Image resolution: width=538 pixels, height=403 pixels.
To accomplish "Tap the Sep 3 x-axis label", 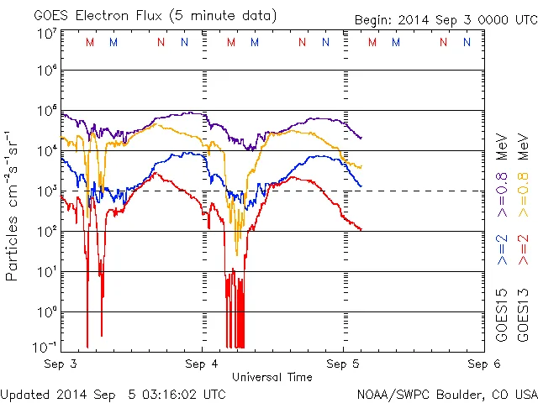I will [61, 364].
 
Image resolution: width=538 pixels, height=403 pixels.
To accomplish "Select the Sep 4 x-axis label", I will [202, 364].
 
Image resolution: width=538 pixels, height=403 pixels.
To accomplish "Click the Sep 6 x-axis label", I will [483, 364].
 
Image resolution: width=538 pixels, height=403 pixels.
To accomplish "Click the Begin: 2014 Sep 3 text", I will [445, 18].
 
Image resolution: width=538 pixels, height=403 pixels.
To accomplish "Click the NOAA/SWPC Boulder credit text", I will [446, 393].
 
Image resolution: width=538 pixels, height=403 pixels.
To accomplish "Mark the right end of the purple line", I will [361, 138].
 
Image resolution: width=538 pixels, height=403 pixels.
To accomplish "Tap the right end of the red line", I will [361, 229].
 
